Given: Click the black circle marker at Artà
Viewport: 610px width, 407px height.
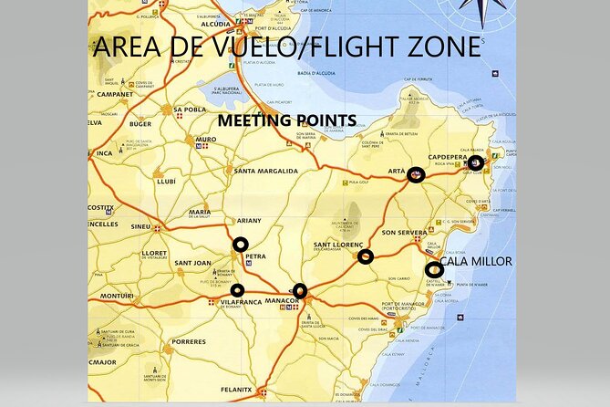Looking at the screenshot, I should [416, 174].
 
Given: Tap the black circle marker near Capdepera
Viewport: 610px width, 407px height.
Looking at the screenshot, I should [475, 162].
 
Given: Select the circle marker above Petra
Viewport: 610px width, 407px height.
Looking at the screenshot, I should [240, 244].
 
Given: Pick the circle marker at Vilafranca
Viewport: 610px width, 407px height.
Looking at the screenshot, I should [237, 290].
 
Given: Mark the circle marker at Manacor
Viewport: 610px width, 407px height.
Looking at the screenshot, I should [300, 291].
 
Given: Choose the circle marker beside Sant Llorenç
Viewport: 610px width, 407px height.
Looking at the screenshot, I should [366, 257].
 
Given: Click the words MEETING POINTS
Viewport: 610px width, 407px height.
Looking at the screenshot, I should [286, 120].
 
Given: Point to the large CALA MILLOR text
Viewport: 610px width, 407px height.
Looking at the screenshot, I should [476, 262].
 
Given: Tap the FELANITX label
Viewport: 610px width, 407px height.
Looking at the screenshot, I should [235, 389].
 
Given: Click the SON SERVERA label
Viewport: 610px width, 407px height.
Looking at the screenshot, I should [403, 233].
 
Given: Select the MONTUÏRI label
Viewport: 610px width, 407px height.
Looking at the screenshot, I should [117, 297].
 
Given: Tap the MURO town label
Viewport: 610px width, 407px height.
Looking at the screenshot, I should [205, 141].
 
